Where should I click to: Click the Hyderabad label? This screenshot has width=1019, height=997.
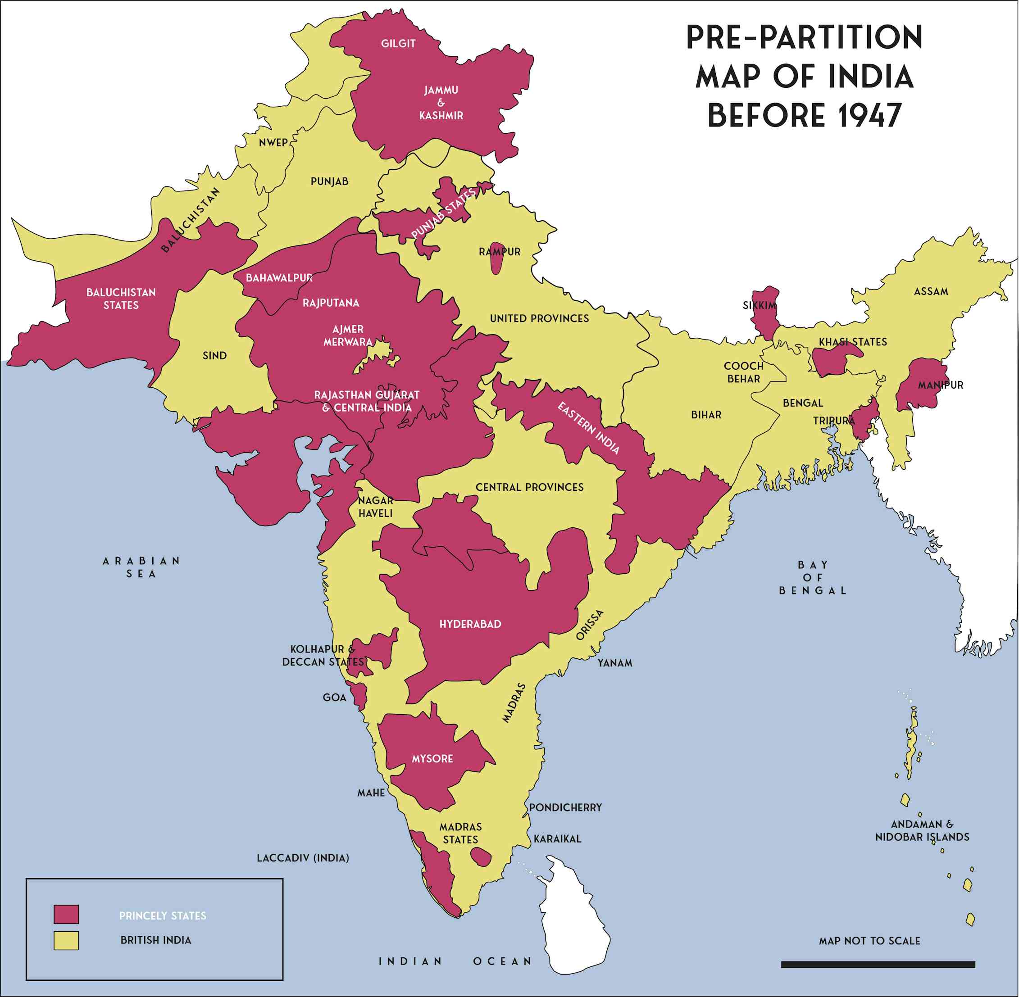pos(470,624)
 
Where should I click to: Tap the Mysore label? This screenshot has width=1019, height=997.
pos(432,759)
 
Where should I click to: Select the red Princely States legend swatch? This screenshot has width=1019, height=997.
pos(66,914)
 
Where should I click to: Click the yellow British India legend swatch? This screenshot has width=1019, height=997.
pos(66,940)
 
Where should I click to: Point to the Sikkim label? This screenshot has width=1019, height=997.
pos(760,305)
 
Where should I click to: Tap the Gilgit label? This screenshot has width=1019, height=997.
pos(398,44)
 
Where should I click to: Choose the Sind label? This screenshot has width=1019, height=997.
pos(215,356)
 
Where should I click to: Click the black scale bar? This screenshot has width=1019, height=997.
pos(878,965)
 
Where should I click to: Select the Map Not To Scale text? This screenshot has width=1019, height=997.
pos(869,941)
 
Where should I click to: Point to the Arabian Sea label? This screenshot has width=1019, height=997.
pos(141,567)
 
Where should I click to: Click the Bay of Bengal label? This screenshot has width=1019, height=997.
pos(813,578)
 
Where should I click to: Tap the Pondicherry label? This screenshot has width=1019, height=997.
pos(565,807)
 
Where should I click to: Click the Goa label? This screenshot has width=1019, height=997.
pos(334,698)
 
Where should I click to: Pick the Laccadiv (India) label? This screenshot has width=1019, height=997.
pos(302,858)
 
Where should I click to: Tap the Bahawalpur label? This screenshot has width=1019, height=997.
pos(279,278)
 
